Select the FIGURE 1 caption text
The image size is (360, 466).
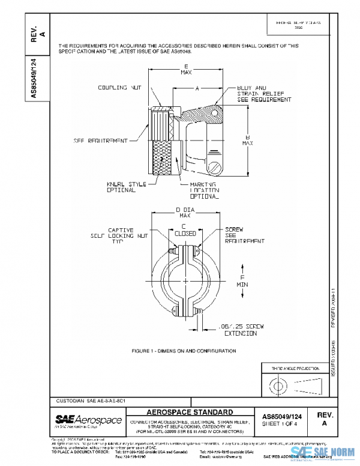click(x=184, y=351)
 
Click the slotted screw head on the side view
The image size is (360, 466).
click(x=217, y=165)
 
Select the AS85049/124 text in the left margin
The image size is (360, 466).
click(x=34, y=78)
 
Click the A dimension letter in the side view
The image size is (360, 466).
click(x=197, y=88)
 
